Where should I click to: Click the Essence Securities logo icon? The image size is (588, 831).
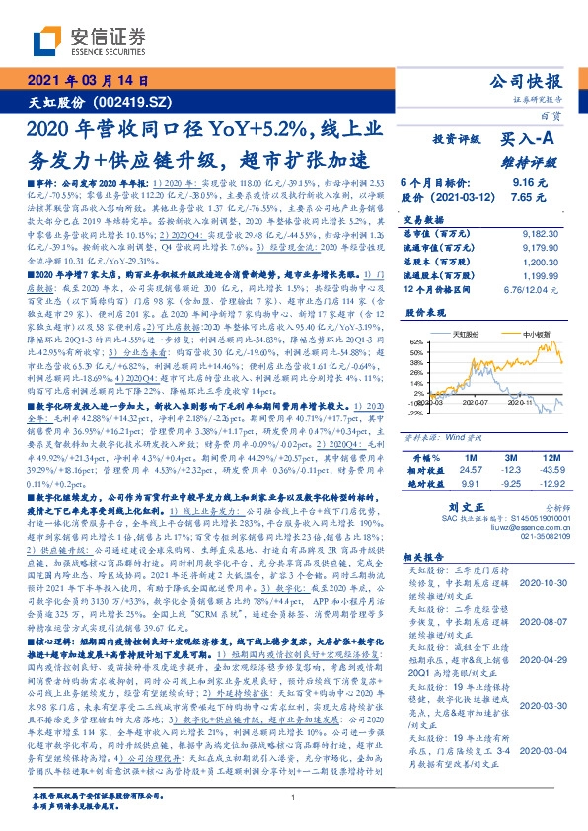tap(47, 40)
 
